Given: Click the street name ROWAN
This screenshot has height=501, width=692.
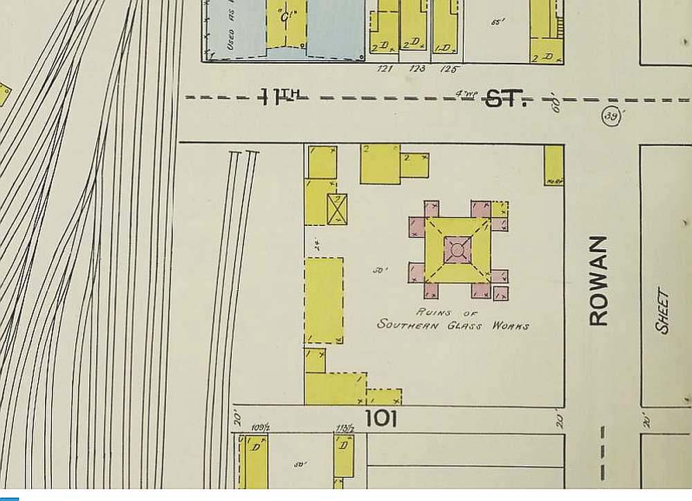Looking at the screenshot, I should pyautogui.click(x=599, y=281).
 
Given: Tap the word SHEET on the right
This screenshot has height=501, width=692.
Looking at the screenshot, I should pyautogui.click(x=662, y=312).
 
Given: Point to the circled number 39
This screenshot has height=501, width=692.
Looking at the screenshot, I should pyautogui.click(x=611, y=117).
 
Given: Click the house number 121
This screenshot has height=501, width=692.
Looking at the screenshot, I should pyautogui.click(x=385, y=68).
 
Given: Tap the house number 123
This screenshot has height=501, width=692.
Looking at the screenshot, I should pyautogui.click(x=417, y=68).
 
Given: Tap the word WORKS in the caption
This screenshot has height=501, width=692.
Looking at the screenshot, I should pyautogui.click(x=511, y=325).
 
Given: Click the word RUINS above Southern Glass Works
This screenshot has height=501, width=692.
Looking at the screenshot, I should pyautogui.click(x=434, y=312).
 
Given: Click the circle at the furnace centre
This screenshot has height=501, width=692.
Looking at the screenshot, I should pyautogui.click(x=457, y=249).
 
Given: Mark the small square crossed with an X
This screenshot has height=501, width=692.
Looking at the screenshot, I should pyautogui.click(x=337, y=209).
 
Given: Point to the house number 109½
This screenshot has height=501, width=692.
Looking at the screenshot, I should pyautogui.click(x=260, y=428).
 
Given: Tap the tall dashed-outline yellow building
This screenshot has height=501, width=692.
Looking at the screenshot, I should pyautogui.click(x=324, y=301).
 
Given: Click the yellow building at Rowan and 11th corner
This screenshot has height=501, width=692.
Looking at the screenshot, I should pyautogui.click(x=554, y=164).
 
